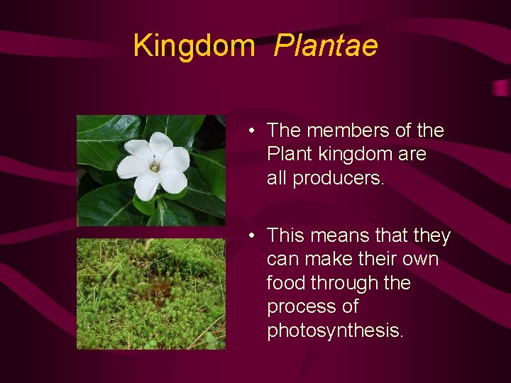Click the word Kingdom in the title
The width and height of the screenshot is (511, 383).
(x=193, y=46)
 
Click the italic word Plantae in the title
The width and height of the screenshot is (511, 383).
(x=326, y=46)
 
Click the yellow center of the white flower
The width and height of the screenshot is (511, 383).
(x=154, y=167)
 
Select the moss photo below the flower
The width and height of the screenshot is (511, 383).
(x=150, y=294)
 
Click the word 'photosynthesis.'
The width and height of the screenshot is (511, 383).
(x=335, y=331)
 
